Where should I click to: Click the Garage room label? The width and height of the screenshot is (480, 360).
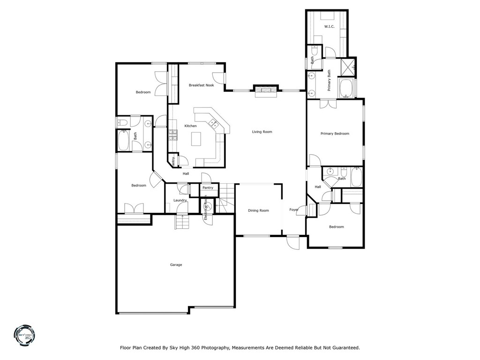tap(176, 265)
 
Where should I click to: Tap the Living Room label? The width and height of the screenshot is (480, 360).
tap(262, 132)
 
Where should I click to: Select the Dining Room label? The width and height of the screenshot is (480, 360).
tap(258, 210)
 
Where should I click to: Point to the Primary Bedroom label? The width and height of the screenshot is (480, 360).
tap(335, 134)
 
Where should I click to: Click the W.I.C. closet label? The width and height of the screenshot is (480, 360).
tap(329, 26)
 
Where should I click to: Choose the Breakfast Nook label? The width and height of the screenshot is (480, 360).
tap(201, 85)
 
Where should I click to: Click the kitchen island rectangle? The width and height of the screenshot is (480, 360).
tap(195, 139)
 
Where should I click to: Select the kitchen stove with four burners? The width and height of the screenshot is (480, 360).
tap(173, 135)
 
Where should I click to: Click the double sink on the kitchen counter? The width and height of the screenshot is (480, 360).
tap(213, 124)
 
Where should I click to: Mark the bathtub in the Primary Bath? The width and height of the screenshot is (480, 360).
tap(346, 89)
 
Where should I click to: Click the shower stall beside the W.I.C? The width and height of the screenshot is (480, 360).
tap(348, 67)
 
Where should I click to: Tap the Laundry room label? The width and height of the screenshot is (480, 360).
tap(180, 201)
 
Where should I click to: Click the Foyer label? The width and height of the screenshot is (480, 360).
tap(294, 210)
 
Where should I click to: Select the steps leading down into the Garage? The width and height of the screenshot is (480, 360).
tap(182, 222)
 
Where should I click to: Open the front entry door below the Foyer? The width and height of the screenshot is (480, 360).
tap(293, 242)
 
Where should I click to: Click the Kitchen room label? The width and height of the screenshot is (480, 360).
tap(190, 126)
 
